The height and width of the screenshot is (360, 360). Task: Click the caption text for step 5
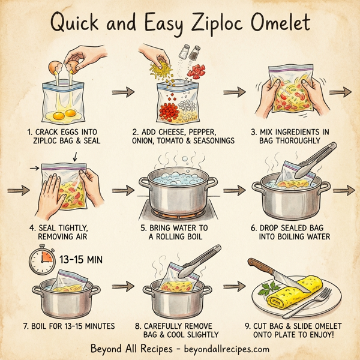coord(179,233)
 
